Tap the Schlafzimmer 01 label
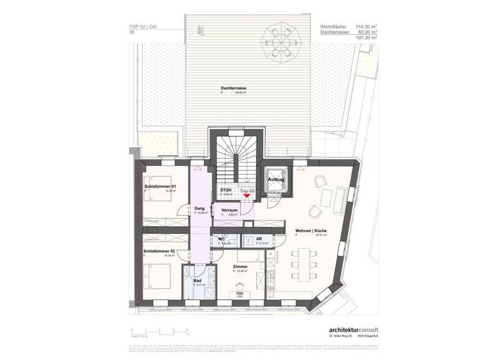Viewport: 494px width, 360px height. point(160,186)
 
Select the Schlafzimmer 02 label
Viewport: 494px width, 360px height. point(160,251)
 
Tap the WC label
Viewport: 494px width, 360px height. point(221,239)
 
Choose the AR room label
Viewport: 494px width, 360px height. point(259,239)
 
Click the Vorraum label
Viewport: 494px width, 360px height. point(230,210)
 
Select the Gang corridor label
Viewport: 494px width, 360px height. point(199,208)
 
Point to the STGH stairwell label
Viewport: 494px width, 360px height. point(225,191)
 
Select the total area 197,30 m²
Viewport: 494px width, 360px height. point(364,38)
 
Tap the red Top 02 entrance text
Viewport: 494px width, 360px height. point(248,191)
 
